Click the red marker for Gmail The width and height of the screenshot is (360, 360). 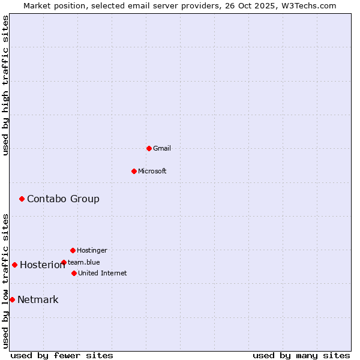click(x=149, y=148)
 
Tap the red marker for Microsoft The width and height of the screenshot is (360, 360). click(x=134, y=171)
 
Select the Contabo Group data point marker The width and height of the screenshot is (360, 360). click(x=22, y=199)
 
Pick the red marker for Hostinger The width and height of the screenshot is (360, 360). click(x=73, y=250)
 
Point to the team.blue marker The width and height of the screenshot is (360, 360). click(x=64, y=262)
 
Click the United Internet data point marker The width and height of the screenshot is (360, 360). click(x=74, y=273)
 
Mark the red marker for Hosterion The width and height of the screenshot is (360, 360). click(x=14, y=265)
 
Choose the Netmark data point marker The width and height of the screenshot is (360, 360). click(x=12, y=299)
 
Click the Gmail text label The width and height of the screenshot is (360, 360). click(x=162, y=148)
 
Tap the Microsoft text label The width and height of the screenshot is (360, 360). click(x=152, y=171)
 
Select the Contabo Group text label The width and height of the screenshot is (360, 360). click(x=63, y=199)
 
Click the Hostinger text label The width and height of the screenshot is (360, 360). click(x=92, y=250)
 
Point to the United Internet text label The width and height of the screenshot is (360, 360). click(x=103, y=273)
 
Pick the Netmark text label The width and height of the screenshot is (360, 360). click(x=38, y=299)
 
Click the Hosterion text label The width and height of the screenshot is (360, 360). click(x=42, y=265)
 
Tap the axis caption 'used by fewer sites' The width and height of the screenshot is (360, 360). click(x=62, y=355)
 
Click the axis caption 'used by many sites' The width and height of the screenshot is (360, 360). click(x=301, y=355)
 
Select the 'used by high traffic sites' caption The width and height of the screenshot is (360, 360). click(x=6, y=85)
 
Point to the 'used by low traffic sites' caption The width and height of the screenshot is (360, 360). click(x=6, y=281)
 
